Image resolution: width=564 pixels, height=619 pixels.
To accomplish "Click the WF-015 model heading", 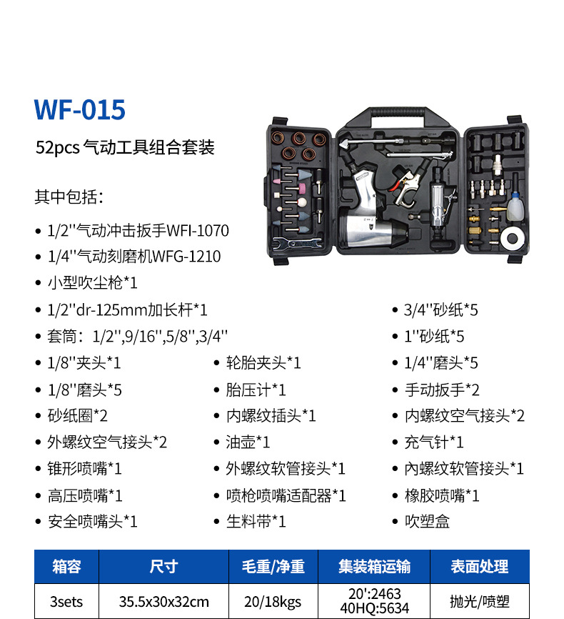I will pos(79,109).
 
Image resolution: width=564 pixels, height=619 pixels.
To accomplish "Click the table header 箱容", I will pos(66,567).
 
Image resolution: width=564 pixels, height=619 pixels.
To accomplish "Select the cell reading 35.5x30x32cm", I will pos(163,601).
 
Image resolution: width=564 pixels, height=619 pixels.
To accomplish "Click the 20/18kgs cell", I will pos(273,601).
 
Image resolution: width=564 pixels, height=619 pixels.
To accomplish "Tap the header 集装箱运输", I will pos(374,567).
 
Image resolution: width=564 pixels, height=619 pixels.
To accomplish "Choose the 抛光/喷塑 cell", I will pos(479,601).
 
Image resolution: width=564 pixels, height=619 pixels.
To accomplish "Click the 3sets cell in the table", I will pos(66,601).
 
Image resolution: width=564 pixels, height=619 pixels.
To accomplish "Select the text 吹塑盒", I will pos(427,522).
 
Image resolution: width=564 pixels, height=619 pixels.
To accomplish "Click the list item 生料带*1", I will pos(256,522).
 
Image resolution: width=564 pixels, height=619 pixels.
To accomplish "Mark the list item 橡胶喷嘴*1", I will pos(442,495).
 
